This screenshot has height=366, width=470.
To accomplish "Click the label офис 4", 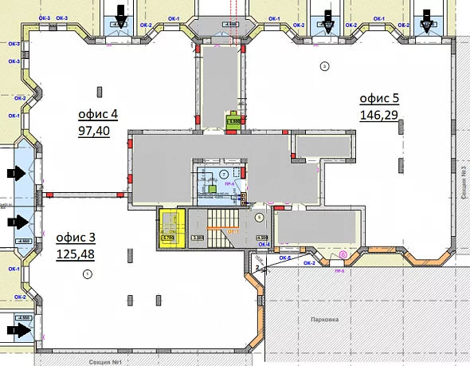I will point(97,114).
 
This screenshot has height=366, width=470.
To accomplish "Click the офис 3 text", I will point(75,238).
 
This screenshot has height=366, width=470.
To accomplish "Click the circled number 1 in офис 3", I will point(88,274).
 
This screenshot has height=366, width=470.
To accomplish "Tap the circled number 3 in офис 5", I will point(323,65).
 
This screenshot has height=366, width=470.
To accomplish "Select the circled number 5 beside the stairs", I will point(260,216).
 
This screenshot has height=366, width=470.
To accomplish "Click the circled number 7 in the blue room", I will point(224,173).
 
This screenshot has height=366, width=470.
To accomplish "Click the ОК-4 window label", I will point(263,244).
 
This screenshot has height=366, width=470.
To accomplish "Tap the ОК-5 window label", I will point(284,257).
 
